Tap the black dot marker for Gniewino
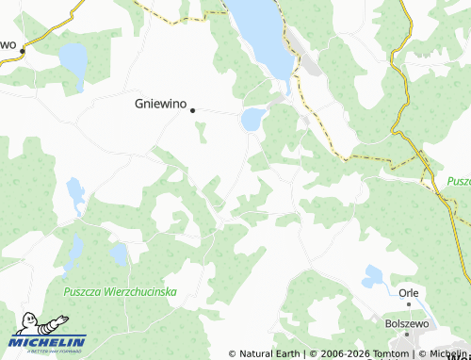[193, 110]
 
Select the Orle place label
[408, 292]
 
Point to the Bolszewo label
[407, 321]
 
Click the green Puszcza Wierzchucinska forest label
[121, 292]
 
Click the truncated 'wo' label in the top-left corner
[9, 44]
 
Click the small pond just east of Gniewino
[252, 120]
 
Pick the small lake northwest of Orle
[373, 275]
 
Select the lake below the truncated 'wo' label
[73, 59]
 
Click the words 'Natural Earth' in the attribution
[269, 353]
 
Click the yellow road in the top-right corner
[408, 38]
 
